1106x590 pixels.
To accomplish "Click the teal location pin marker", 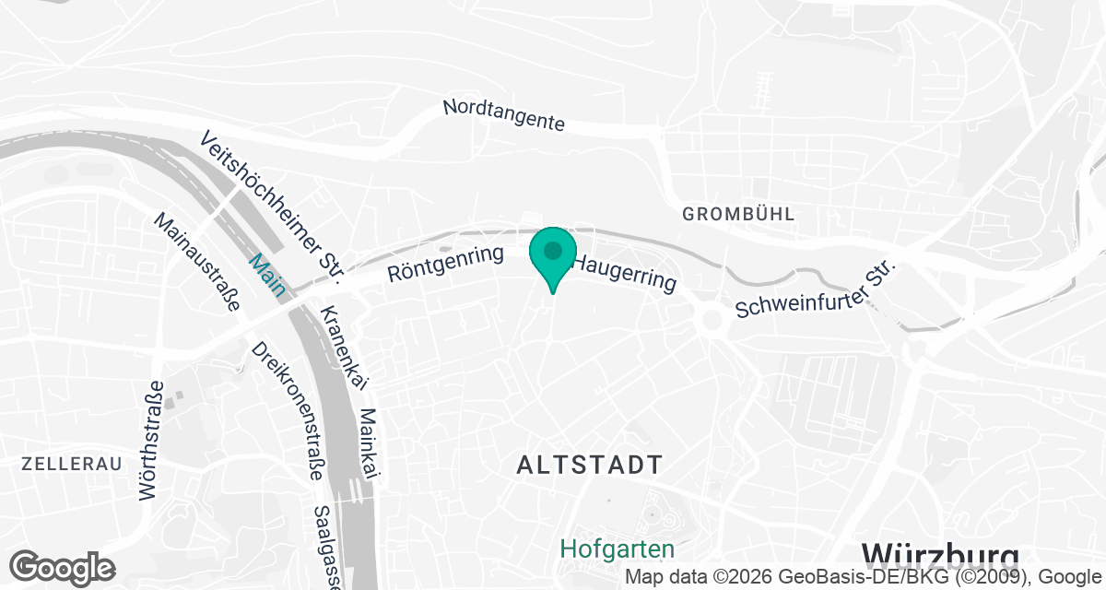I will (552, 256).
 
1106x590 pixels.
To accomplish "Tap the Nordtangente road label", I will (503, 115).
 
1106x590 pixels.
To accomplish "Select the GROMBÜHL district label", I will (738, 214).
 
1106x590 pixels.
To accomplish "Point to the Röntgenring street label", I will (445, 264).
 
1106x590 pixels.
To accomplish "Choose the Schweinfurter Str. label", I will (816, 289).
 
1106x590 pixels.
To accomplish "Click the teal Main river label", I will (266, 275).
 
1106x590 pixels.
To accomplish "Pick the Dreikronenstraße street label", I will (287, 410).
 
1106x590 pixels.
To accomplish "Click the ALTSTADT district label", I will (590, 466).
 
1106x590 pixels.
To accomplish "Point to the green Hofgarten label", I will (618, 549).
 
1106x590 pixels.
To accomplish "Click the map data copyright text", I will (864, 578).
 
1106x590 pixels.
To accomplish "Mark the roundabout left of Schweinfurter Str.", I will (711, 321).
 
